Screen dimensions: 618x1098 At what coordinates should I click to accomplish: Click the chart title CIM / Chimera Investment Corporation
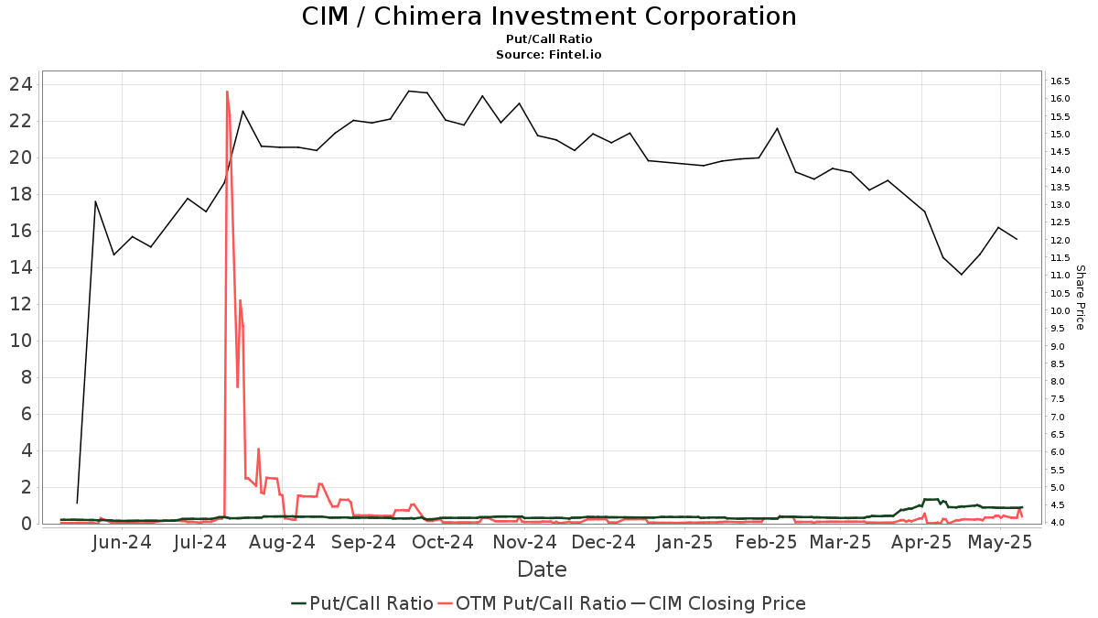click(x=549, y=16)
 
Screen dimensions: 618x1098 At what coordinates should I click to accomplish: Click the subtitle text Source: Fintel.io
click(x=549, y=55)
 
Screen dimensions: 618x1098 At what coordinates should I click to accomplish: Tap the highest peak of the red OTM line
click(x=227, y=91)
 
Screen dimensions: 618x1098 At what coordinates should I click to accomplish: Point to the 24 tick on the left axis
click(x=21, y=84)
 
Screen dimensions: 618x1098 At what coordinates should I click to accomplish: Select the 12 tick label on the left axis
click(x=21, y=304)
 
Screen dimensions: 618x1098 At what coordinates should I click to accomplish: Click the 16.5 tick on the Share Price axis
click(x=1060, y=81)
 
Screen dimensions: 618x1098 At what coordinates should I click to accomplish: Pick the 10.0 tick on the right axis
click(x=1060, y=311)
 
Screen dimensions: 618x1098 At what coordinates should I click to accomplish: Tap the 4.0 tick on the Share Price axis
click(x=1059, y=523)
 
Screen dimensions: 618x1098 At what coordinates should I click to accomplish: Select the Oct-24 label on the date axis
click(x=442, y=542)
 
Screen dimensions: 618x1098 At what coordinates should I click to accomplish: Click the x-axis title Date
click(x=542, y=569)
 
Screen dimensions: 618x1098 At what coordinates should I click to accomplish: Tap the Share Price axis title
click(x=1080, y=298)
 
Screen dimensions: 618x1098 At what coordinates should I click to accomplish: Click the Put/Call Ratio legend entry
click(x=362, y=603)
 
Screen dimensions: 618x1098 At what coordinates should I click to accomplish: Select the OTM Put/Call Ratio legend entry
click(x=532, y=603)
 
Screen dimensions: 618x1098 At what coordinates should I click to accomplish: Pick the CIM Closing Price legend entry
click(x=718, y=603)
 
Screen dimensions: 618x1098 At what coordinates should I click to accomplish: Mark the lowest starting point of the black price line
click(x=77, y=503)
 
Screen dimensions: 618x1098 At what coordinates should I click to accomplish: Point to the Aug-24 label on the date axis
click(x=283, y=542)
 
